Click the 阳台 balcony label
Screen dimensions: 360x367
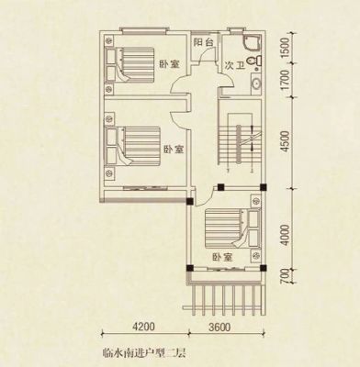[x=203, y=42]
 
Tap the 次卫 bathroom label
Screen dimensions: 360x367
[x=235, y=65]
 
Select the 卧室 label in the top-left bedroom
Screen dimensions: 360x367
[x=169, y=64]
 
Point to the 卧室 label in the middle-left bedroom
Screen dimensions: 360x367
[x=174, y=150]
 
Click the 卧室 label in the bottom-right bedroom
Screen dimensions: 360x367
[x=223, y=257]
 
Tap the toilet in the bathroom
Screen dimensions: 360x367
[x=254, y=61]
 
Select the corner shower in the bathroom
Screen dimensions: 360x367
[x=252, y=43]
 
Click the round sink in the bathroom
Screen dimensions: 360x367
[x=256, y=83]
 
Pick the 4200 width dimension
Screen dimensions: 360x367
[x=143, y=327]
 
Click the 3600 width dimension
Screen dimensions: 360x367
[x=219, y=327]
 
